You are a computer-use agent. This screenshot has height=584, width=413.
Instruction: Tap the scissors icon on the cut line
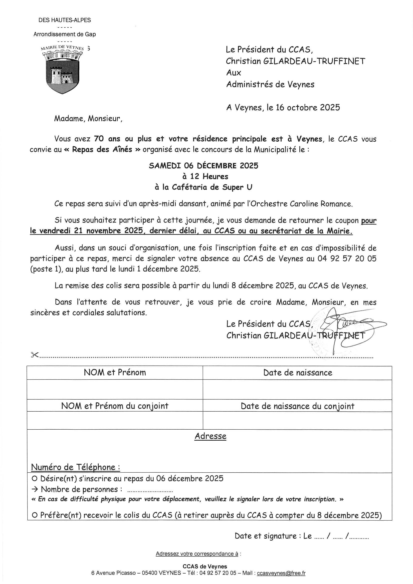(x=34, y=355)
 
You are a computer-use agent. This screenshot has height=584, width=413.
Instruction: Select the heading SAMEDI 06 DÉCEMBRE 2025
(x=204, y=166)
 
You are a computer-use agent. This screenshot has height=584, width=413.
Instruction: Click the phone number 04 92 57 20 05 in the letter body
(x=347, y=259)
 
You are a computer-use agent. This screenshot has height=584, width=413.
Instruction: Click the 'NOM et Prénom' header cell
(x=115, y=373)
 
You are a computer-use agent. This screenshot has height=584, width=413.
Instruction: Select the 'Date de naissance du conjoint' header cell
(x=298, y=406)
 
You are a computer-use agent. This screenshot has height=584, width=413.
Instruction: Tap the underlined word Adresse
(x=210, y=436)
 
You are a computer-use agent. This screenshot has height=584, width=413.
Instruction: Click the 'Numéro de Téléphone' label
(x=75, y=467)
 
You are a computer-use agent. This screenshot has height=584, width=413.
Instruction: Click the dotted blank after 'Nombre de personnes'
(x=150, y=490)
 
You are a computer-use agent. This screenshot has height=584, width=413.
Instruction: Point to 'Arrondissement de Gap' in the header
(x=65, y=34)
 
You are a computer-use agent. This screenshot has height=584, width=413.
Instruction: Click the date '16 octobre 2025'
(x=308, y=108)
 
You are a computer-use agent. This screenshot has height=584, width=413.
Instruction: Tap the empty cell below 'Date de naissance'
(x=297, y=390)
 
